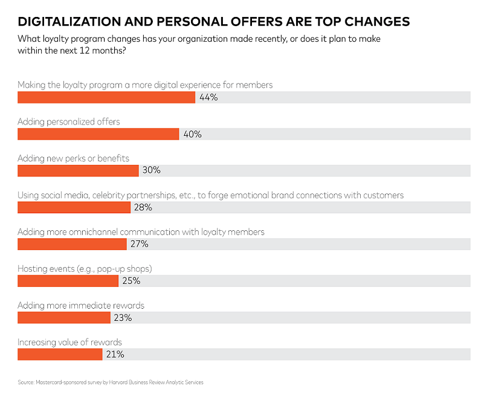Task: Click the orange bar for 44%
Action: pyautogui.click(x=106, y=97)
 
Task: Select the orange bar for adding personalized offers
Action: pyautogui.click(x=98, y=134)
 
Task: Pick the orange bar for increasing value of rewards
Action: pyautogui.click(x=60, y=354)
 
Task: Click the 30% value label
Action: pyautogui.click(x=151, y=171)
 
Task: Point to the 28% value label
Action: pyautogui.click(x=143, y=208)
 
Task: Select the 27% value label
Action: pyautogui.click(x=139, y=244)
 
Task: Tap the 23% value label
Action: pyautogui.click(x=123, y=318)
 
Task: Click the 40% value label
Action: pyautogui.click(x=192, y=134)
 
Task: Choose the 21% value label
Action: pyautogui.click(x=115, y=354)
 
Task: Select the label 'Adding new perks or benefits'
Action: pyautogui.click(x=73, y=158)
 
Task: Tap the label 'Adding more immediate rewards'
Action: pyautogui.click(x=81, y=306)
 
